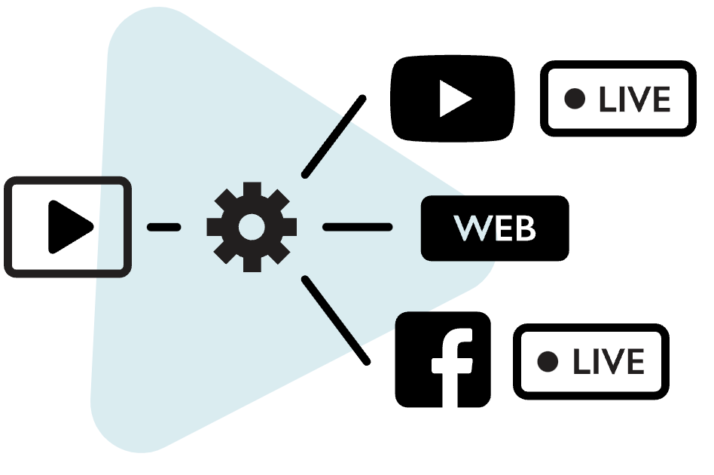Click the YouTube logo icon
[453, 98]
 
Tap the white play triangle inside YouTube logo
[454, 99]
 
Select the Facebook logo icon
[443, 360]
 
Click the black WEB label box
[494, 228]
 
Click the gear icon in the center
[252, 226]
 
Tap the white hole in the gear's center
[252, 226]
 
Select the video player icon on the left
[68, 226]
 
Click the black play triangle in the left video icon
[68, 226]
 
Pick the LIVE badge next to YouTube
[618, 99]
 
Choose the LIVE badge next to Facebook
[591, 362]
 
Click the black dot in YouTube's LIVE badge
[575, 99]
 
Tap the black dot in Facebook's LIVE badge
[548, 362]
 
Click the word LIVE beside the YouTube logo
[634, 100]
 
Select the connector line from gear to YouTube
[334, 137]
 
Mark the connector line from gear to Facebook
[336, 320]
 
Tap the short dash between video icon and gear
[163, 226]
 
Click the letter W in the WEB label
[468, 228]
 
